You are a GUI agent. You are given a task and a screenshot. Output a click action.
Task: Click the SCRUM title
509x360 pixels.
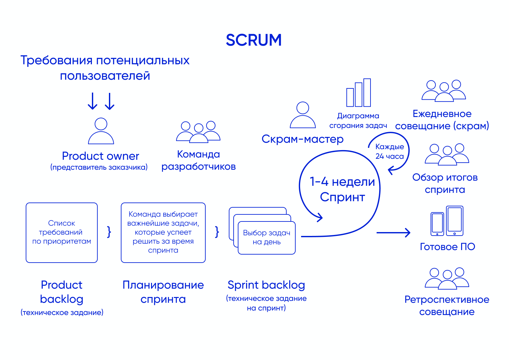(x=254, y=40)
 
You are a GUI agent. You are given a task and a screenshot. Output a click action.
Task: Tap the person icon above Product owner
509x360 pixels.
(x=101, y=131)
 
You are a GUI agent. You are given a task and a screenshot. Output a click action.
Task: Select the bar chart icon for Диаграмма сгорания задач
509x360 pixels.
(x=359, y=93)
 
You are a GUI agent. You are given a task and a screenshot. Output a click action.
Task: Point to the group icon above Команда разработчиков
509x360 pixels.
(x=198, y=132)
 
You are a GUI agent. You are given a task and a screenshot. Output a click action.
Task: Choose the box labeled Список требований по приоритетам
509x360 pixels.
(x=62, y=232)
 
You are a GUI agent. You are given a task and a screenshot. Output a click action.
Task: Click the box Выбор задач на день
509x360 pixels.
(x=267, y=238)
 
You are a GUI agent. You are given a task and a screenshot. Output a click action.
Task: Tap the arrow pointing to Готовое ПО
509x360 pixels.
(x=393, y=232)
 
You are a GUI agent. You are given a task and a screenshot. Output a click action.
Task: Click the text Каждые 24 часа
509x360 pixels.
(x=389, y=151)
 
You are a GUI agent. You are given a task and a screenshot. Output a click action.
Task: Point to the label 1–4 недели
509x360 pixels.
(x=342, y=182)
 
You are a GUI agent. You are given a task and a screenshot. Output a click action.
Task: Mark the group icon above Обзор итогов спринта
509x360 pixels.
(x=447, y=155)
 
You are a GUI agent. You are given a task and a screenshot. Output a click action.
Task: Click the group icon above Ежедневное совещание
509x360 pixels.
(x=443, y=91)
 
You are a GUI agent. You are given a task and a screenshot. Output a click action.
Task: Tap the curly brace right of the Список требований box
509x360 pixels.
(x=109, y=231)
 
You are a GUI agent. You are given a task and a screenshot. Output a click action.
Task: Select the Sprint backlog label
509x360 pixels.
(x=266, y=285)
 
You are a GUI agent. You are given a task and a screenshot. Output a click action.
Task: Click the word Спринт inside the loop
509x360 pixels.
(x=342, y=197)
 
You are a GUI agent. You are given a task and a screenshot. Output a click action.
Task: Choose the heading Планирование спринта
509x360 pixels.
(x=163, y=292)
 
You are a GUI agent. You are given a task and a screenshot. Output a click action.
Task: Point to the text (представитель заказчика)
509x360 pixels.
(x=99, y=167)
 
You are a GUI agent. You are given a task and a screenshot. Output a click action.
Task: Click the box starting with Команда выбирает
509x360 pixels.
(x=163, y=232)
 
